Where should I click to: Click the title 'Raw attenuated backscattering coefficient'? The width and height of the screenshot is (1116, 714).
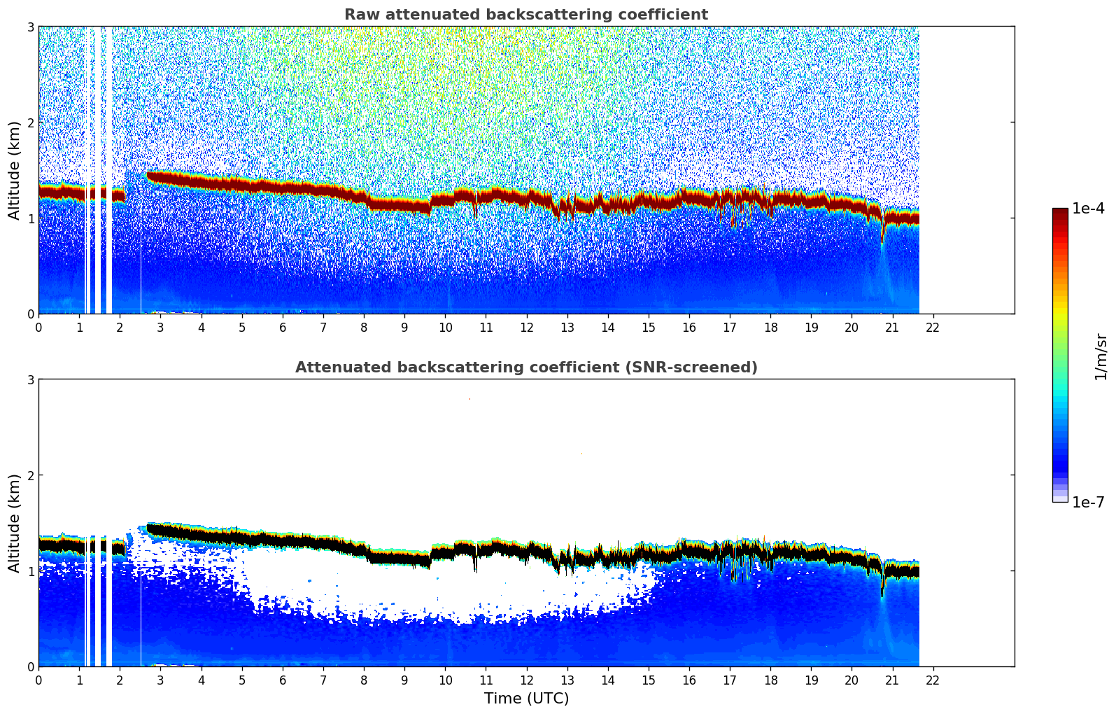coord(525,15)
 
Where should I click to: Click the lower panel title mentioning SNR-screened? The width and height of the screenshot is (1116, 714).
coord(525,367)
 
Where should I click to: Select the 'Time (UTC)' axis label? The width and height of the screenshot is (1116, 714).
coord(526,699)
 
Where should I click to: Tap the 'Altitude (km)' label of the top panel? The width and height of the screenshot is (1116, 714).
coord(14,170)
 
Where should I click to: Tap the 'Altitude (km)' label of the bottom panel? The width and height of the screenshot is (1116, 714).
coord(14,523)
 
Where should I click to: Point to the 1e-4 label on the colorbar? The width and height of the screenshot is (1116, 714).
coord(1089,209)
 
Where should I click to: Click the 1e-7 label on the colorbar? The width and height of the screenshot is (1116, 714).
coord(1089,503)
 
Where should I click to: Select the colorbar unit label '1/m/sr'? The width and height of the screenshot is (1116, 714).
coord(1101,356)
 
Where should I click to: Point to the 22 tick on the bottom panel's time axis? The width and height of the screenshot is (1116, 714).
coord(933,680)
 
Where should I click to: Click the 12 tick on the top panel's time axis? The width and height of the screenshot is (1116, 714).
coord(526,327)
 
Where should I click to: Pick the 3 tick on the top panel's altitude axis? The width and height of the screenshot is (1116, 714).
coord(30,27)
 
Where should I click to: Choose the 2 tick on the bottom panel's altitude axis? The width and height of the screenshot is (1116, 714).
coord(30,475)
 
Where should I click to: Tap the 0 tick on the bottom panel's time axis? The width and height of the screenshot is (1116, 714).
coord(38,680)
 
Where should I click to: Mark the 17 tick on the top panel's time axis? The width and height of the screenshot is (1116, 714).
coord(730,327)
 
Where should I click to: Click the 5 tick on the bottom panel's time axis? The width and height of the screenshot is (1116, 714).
coord(242,680)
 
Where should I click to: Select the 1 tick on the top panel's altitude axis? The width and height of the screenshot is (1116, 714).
coord(30,218)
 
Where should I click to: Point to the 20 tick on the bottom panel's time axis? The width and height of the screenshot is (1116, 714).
coord(852,680)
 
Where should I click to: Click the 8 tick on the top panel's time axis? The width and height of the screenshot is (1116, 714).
coord(364,327)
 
